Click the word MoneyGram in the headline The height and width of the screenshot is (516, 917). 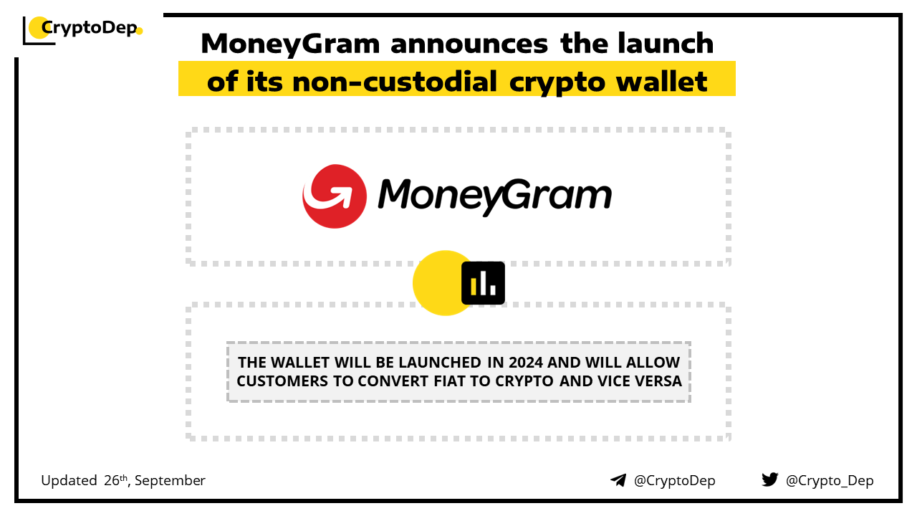(x=290, y=44)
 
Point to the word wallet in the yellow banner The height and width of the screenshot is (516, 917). (x=662, y=81)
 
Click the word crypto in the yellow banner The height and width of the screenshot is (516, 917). (x=557, y=84)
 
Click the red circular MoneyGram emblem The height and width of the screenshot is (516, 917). (x=335, y=196)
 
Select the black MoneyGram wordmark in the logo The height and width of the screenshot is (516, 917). (x=494, y=196)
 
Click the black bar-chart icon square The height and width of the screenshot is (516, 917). (x=483, y=283)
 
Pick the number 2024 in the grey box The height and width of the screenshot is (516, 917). (x=526, y=363)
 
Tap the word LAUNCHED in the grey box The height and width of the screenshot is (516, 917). (x=440, y=363)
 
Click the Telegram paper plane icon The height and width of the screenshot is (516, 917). (x=618, y=480)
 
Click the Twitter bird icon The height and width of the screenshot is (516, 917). (x=769, y=479)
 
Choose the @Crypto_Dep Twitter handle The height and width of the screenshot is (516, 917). (x=830, y=480)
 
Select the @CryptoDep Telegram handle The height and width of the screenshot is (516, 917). (x=674, y=480)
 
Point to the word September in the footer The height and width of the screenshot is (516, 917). (x=170, y=481)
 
